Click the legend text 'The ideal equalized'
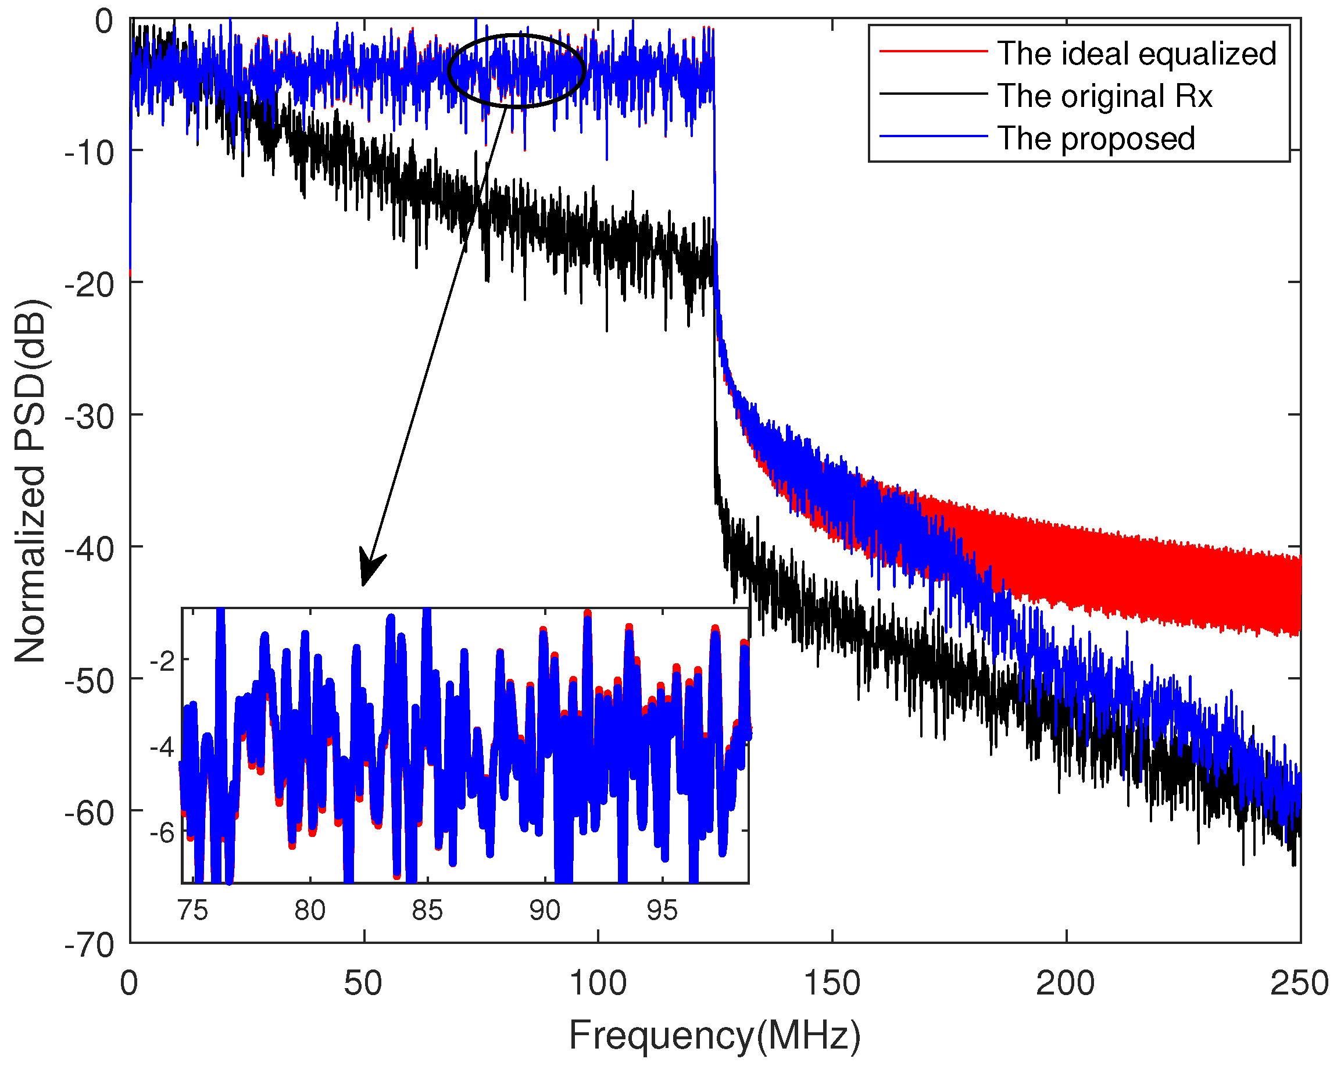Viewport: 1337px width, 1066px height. [x=1136, y=54]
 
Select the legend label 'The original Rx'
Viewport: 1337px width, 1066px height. [x=1104, y=96]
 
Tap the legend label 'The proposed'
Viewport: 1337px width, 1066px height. [x=1096, y=138]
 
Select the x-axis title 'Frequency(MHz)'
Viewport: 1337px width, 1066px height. [x=714, y=1035]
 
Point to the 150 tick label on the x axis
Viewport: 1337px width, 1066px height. [x=832, y=983]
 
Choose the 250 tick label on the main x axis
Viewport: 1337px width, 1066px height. [x=1299, y=983]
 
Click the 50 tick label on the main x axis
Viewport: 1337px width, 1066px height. [x=363, y=983]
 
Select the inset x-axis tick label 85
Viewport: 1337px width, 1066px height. [x=427, y=910]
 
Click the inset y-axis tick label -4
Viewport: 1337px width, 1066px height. [x=162, y=748]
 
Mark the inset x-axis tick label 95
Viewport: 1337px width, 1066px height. [x=662, y=910]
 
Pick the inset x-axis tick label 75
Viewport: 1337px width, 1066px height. [x=192, y=910]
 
